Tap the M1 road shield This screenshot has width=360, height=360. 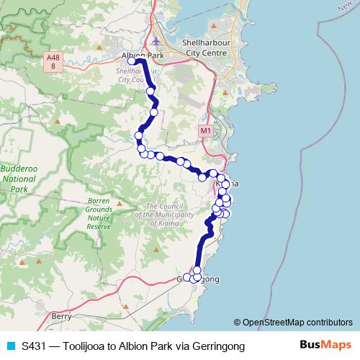tap(207, 130)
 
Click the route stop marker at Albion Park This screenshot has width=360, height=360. tap(132, 62)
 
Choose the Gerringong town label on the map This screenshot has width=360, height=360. tap(198, 279)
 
